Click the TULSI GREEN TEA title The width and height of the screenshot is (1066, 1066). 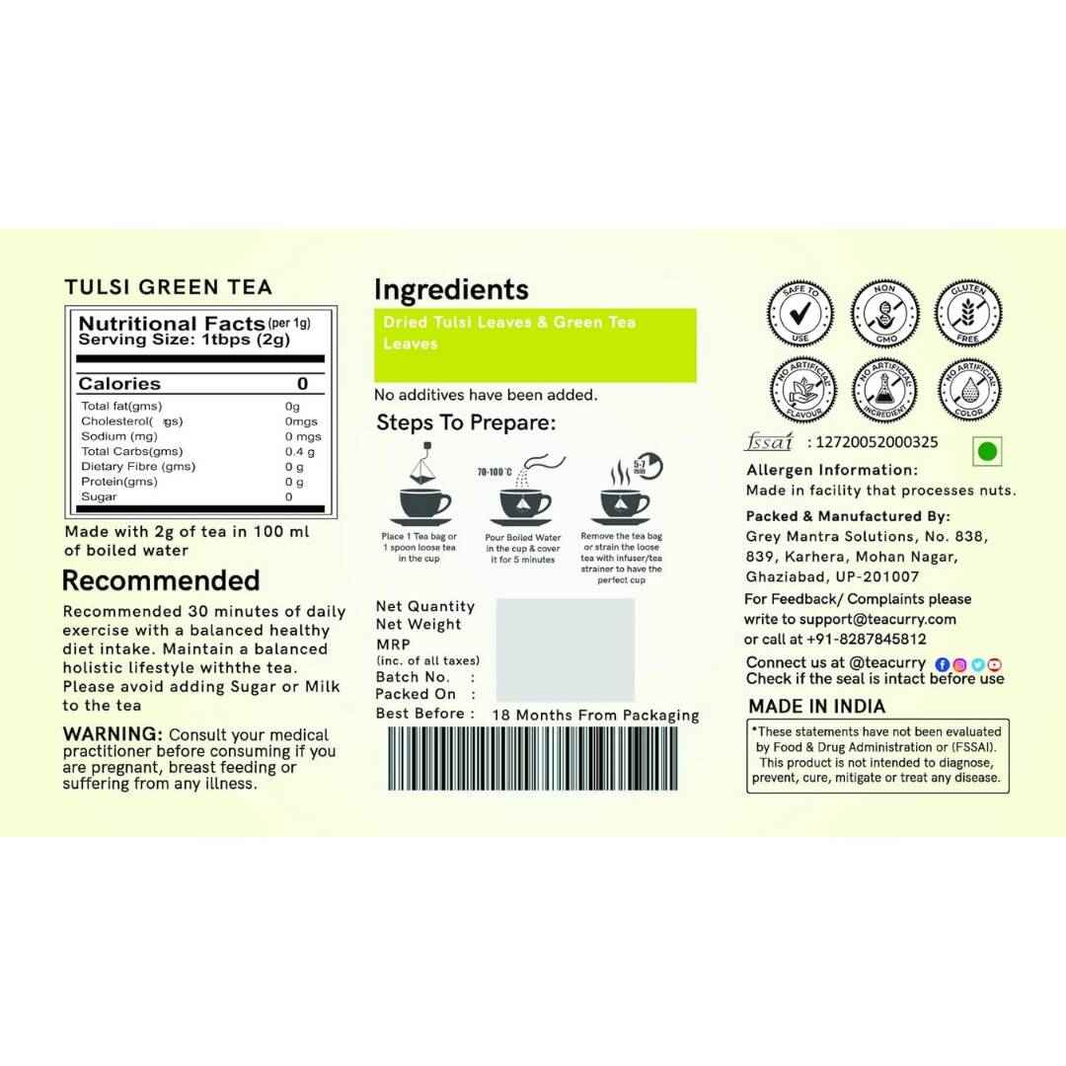(168, 287)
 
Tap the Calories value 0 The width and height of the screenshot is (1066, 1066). (302, 384)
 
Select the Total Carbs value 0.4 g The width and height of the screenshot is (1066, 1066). (300, 451)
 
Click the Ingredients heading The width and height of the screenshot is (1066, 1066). (451, 290)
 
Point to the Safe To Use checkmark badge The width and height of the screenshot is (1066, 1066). (799, 314)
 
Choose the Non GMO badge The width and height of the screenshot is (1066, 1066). (884, 314)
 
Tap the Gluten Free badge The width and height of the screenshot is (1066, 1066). (968, 314)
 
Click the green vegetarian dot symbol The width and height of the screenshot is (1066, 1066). (986, 452)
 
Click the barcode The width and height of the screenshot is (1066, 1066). (532, 759)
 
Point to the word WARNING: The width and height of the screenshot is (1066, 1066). (113, 734)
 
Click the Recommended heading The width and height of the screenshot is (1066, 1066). (161, 580)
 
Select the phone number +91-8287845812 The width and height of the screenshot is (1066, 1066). (864, 639)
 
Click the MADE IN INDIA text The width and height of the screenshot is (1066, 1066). (816, 706)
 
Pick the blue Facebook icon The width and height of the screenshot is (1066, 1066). (942, 664)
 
